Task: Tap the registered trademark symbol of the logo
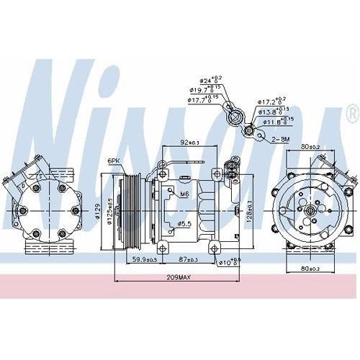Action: point(351,113)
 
